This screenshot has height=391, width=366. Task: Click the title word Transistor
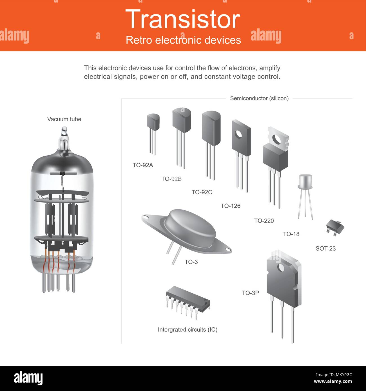[x=183, y=19]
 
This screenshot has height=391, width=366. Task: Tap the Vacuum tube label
[x=64, y=119]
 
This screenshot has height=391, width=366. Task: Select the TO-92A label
[x=143, y=165]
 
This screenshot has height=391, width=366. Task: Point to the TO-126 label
[x=231, y=206]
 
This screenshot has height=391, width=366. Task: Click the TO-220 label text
[x=264, y=221]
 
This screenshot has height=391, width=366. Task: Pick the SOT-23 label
[x=325, y=249]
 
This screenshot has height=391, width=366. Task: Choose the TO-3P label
[x=250, y=293]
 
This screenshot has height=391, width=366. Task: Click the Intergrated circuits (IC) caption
[x=188, y=330]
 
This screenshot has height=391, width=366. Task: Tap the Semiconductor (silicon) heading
[x=259, y=98]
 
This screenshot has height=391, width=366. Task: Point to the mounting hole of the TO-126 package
[x=239, y=134]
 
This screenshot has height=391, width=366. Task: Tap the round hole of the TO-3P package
[x=281, y=267]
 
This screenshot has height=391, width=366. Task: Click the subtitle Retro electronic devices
[x=183, y=40]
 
